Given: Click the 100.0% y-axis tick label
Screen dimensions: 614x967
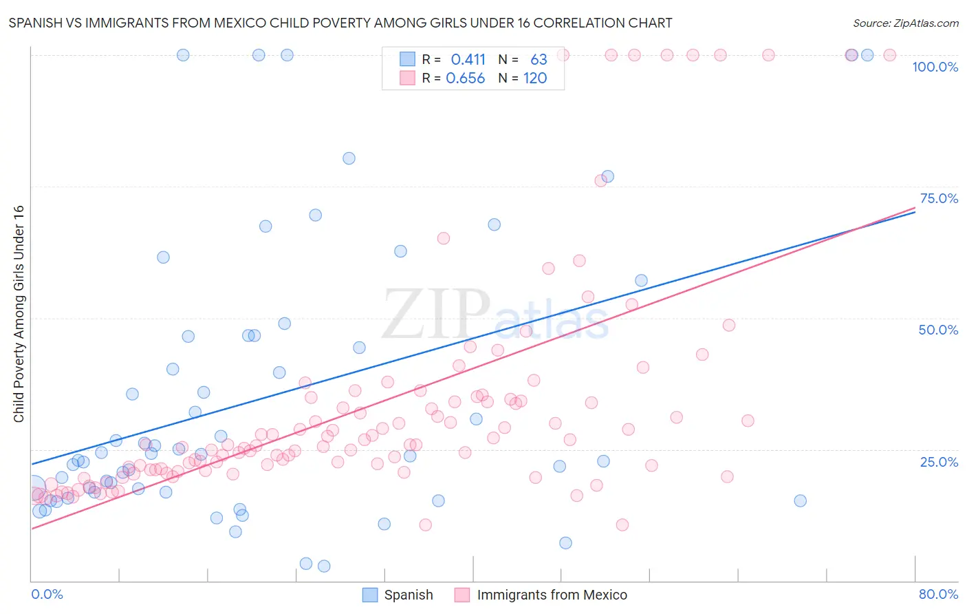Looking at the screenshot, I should [935, 67].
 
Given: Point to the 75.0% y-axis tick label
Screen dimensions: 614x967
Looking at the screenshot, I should [939, 198].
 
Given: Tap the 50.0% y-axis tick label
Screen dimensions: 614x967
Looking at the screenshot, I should [938, 330].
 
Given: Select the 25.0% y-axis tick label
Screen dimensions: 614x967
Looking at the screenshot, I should [939, 462].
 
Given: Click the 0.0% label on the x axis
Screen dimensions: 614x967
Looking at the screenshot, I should [47, 594].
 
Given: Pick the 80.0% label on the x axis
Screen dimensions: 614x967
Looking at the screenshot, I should [938, 594].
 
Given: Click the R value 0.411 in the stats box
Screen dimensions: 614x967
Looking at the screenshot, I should [468, 60].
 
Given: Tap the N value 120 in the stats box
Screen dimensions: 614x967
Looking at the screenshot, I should [535, 78].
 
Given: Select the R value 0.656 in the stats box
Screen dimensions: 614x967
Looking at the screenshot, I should [466, 78].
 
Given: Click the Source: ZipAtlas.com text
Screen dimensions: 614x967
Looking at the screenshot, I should [905, 23].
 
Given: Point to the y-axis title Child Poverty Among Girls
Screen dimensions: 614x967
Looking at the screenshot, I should [19, 313].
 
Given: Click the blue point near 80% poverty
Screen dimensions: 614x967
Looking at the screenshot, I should [349, 158].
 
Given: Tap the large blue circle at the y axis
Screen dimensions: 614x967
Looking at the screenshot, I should [32, 488].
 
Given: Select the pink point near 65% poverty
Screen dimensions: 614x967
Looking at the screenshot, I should [444, 238].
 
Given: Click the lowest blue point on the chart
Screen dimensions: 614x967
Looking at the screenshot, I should [324, 566].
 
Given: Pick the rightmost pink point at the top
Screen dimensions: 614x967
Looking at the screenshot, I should [889, 55].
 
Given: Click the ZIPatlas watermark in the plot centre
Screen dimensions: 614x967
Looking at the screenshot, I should [495, 315].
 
